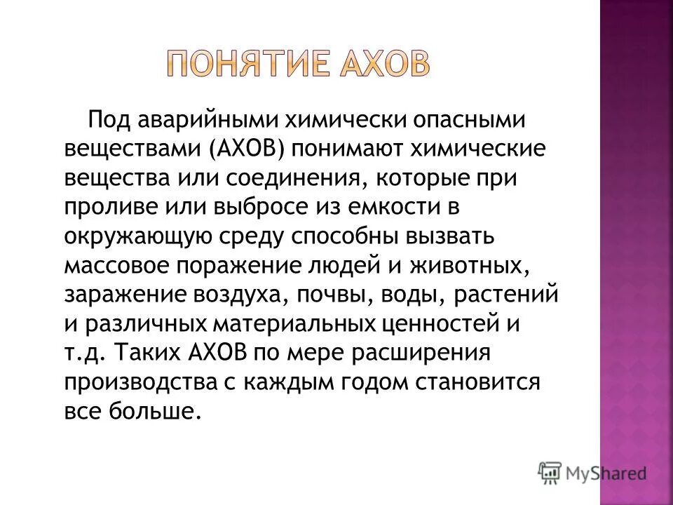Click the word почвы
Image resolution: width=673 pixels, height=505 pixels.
point(343,295)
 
